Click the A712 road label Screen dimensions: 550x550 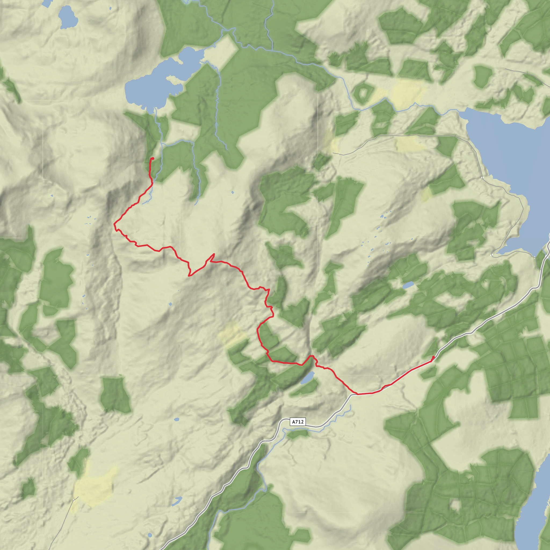coord(298,422)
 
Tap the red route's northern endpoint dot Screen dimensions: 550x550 coord(153,158)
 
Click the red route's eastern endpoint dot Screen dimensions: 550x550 coord(433,357)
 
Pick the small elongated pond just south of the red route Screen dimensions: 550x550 coord(308,378)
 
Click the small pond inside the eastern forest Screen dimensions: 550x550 coord(408,284)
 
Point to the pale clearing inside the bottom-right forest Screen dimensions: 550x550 coord(455,497)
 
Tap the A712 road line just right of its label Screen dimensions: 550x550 coord(316,426)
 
